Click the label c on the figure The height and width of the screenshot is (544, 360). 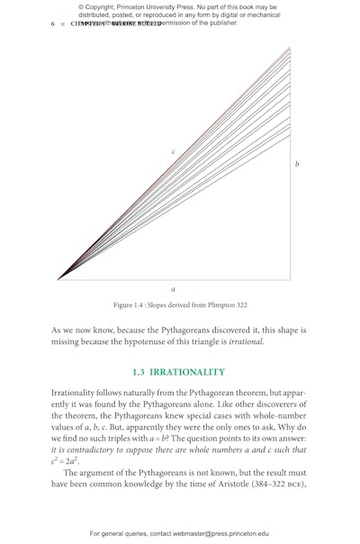click(x=173, y=152)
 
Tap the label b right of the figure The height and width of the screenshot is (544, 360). click(x=297, y=164)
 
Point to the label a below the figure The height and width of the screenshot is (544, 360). click(x=173, y=289)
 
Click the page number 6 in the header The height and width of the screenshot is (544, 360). click(x=52, y=23)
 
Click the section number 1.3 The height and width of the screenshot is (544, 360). click(x=139, y=372)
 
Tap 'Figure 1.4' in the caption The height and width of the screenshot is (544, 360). click(x=133, y=305)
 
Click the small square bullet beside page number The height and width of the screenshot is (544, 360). click(x=62, y=23)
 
